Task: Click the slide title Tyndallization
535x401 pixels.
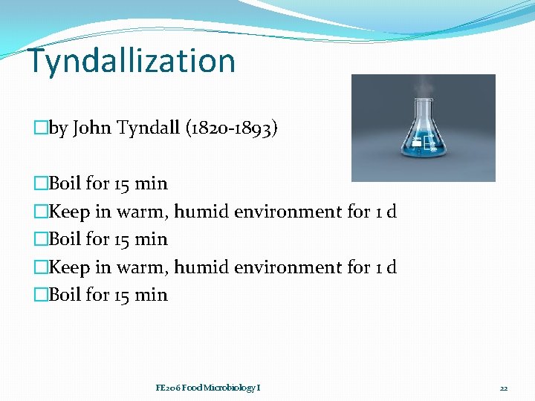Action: coord(132,60)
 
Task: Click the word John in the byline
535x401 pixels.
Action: coord(91,128)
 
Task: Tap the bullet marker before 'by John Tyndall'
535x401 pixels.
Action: coord(40,128)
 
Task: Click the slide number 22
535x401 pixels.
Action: coord(503,388)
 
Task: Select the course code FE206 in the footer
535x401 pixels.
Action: coord(166,388)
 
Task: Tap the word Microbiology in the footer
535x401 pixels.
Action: coord(227,388)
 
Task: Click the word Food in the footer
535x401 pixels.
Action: coord(189,388)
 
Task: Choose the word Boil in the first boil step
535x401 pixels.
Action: coord(65,183)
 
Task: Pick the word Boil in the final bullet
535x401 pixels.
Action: coord(65,295)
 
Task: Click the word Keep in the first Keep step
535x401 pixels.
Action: coord(69,212)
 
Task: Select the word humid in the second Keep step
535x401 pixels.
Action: coord(201,267)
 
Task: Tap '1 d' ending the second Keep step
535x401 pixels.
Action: coord(386,267)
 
